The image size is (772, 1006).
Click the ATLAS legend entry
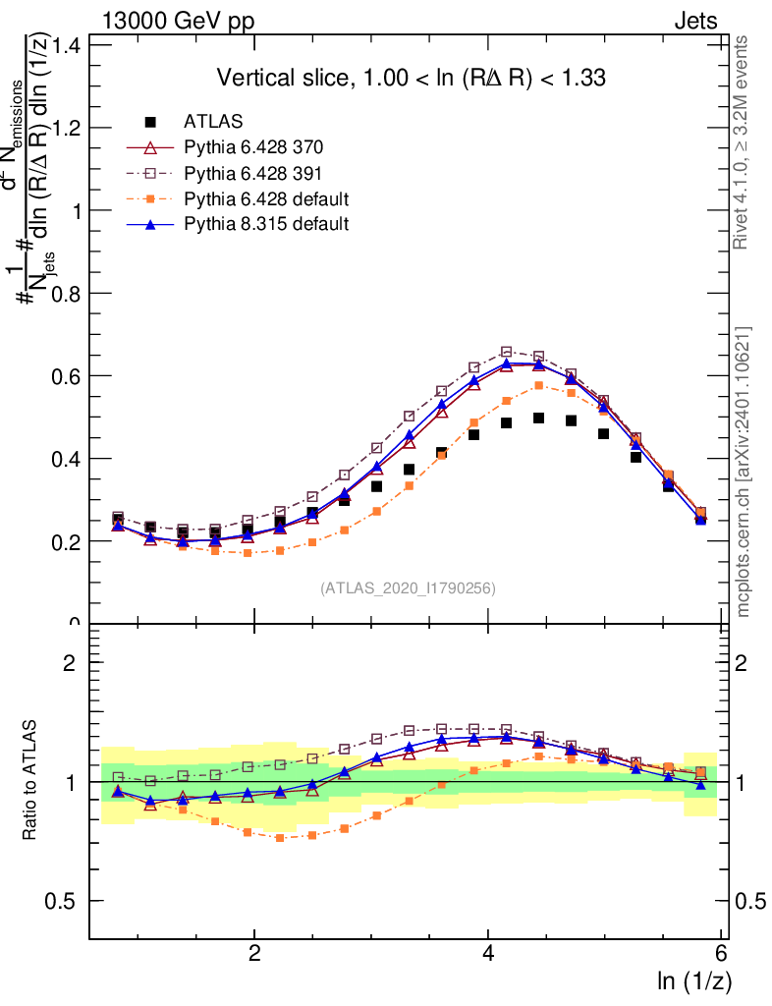tap(213, 122)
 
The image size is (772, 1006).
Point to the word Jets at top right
tap(695, 20)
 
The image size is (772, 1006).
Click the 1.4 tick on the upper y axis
tap(68, 45)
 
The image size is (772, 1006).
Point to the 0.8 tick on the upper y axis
tap(68, 293)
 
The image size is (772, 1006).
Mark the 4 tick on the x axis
tap(489, 953)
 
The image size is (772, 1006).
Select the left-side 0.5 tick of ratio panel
tap(68, 901)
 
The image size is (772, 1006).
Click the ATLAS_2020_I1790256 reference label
tap(407, 588)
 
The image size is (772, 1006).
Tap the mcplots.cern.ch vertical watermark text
tap(744, 472)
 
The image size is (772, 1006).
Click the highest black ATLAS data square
tap(538, 419)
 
